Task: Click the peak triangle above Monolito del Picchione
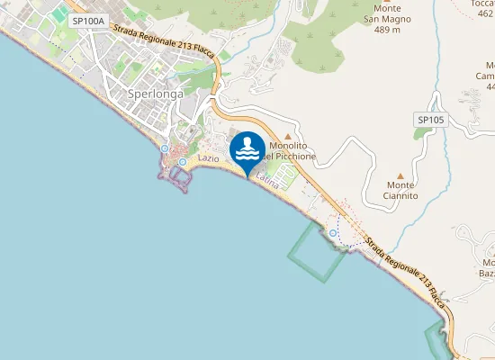pos(288,136)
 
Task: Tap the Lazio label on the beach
pos(209,158)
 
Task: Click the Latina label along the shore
pos(268,181)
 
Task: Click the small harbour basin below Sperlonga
pos(178,176)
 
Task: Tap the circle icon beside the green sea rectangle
pos(333,233)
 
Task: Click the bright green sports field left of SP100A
pos(58,15)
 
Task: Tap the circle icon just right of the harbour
pos(183,162)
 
